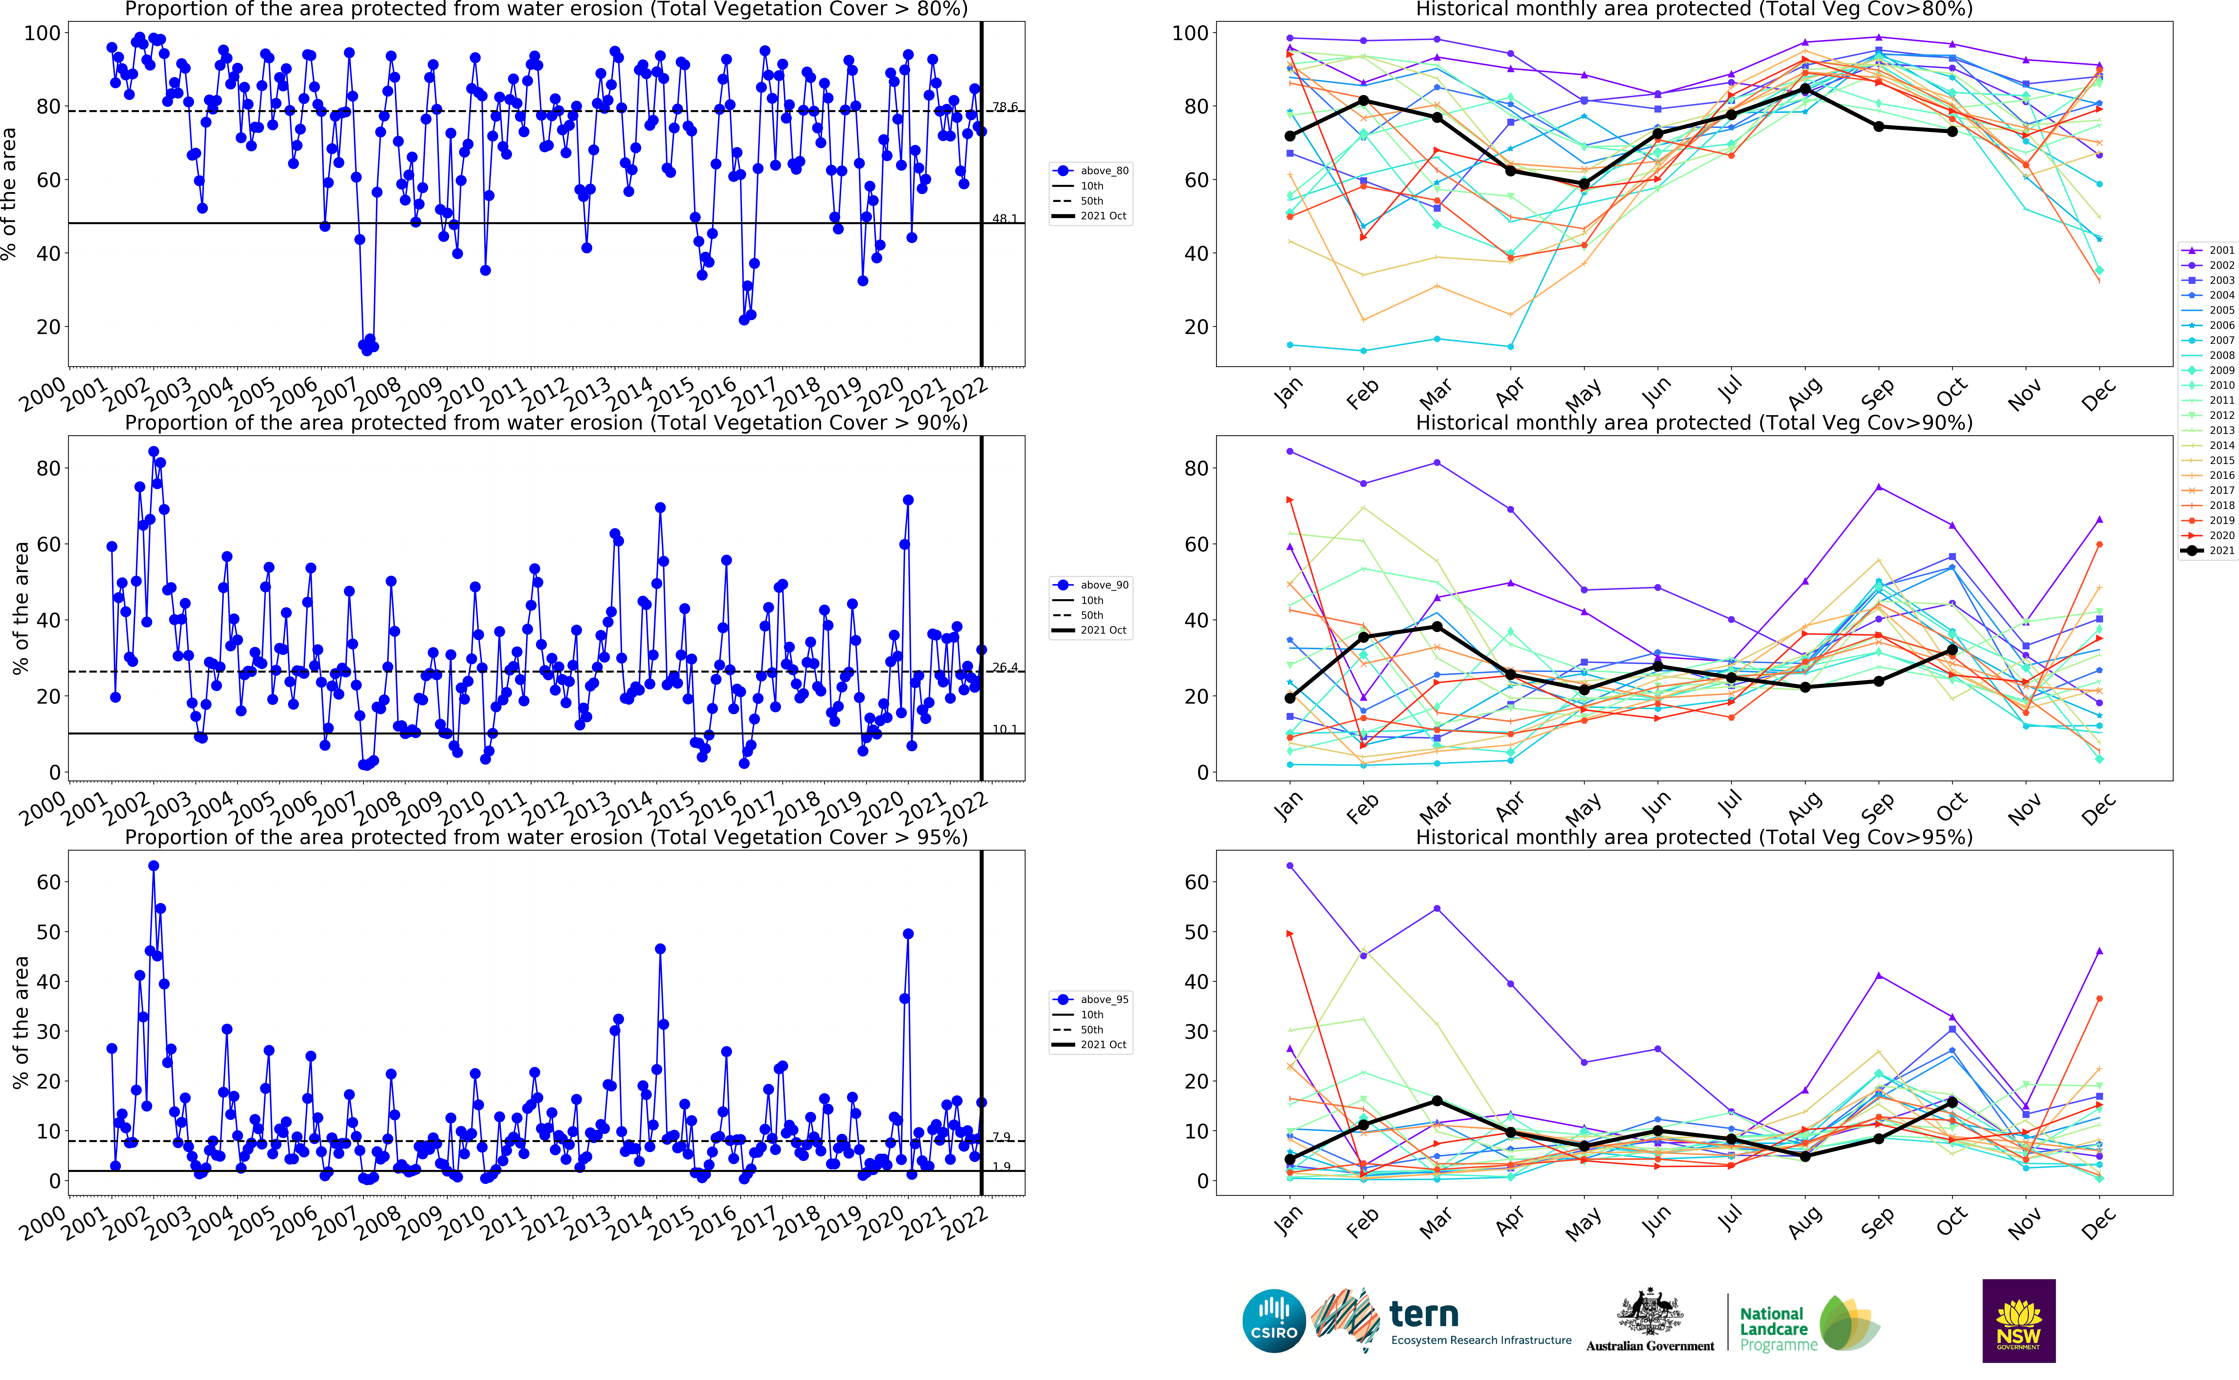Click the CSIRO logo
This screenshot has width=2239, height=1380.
pos(1274,1321)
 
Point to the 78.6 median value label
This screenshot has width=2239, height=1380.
pos(1004,107)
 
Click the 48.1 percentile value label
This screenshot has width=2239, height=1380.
pos(1004,219)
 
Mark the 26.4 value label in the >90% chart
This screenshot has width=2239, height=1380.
pos(1004,667)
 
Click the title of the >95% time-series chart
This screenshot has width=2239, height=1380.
pos(546,837)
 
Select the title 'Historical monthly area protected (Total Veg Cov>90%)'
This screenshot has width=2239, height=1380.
pos(1693,423)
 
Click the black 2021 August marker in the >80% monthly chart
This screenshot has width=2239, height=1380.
pos(1805,89)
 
